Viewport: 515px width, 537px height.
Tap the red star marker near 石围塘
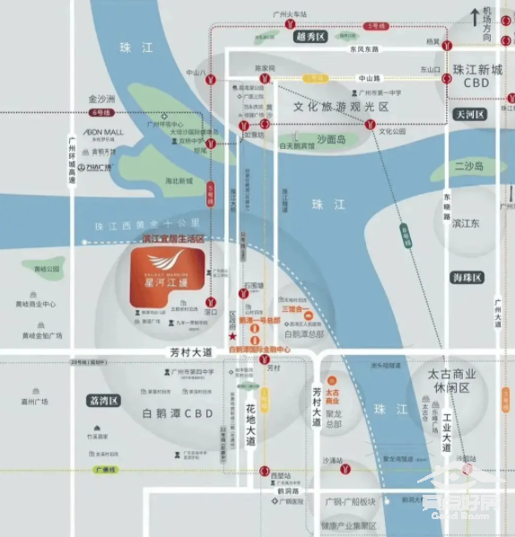click(x=233, y=335)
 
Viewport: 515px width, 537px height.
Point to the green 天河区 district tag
click(x=468, y=115)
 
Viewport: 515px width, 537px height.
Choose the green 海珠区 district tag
click(x=467, y=278)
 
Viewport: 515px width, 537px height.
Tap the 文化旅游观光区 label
click(x=341, y=107)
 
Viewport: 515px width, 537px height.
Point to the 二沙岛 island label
click(x=467, y=167)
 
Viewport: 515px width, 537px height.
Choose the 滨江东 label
click(x=471, y=222)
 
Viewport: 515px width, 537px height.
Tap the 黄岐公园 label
click(x=47, y=269)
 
